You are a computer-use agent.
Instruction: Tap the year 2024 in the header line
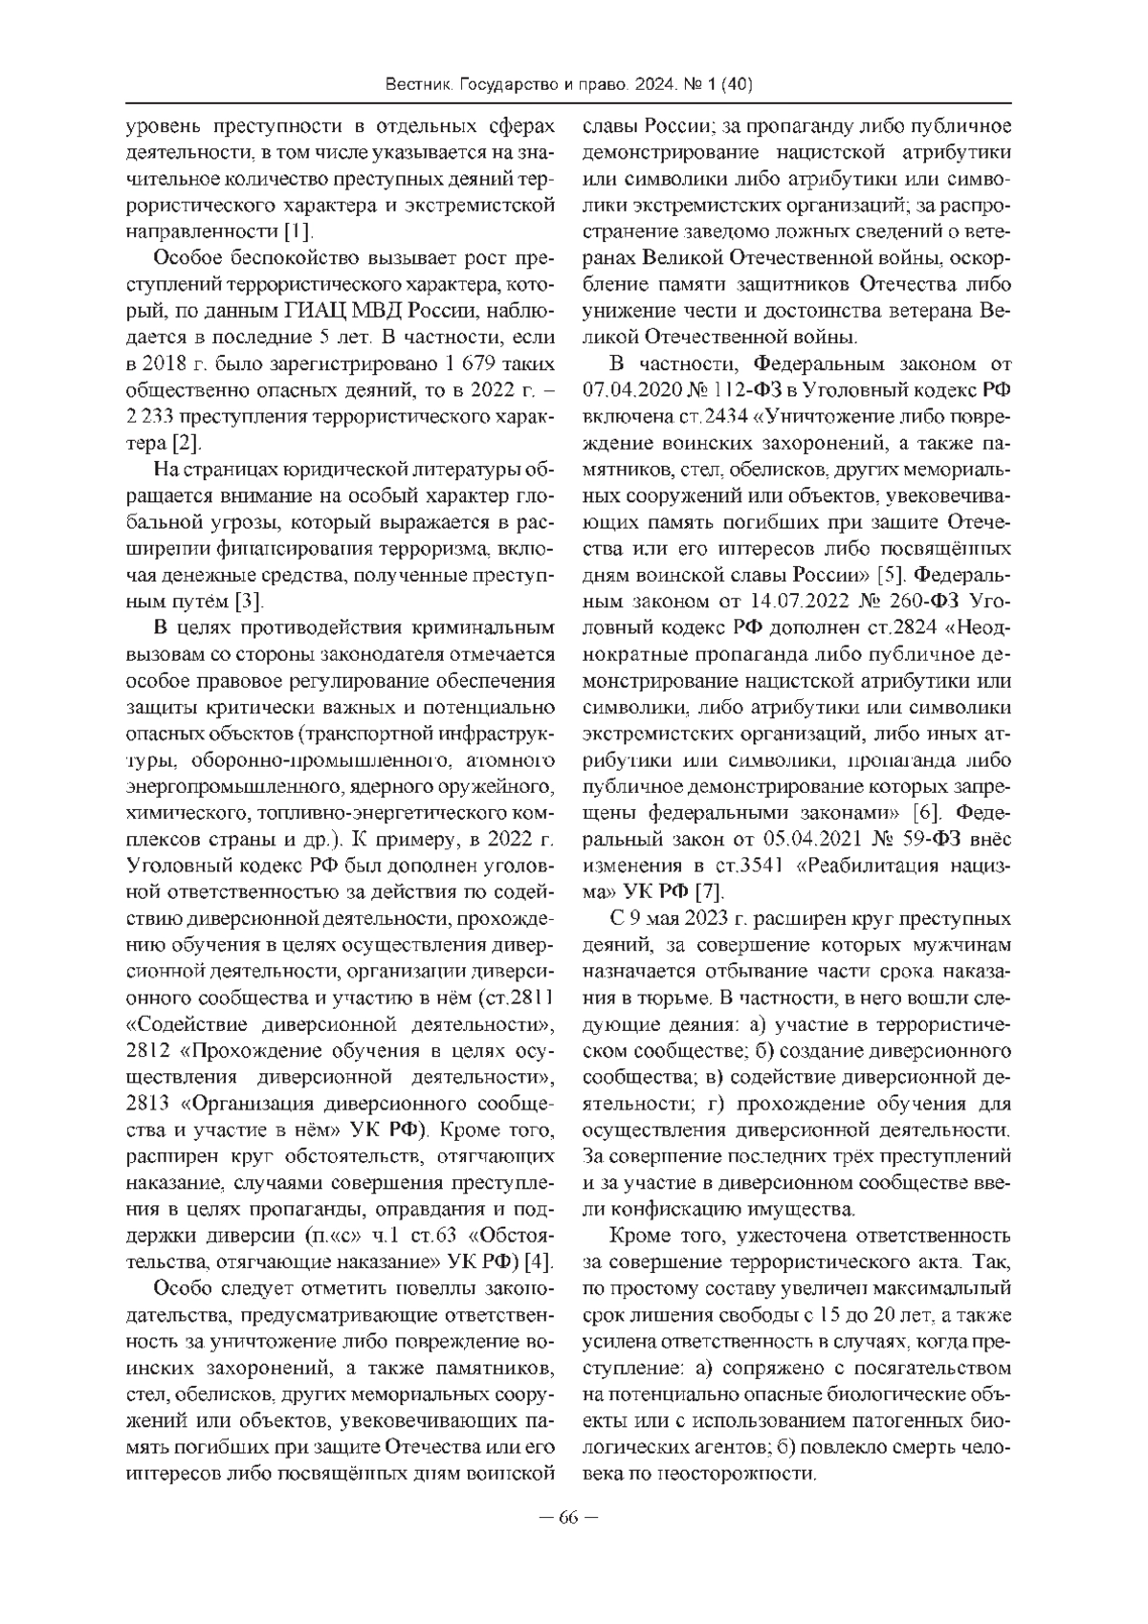(x=651, y=85)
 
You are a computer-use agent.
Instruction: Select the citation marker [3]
(x=250, y=602)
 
